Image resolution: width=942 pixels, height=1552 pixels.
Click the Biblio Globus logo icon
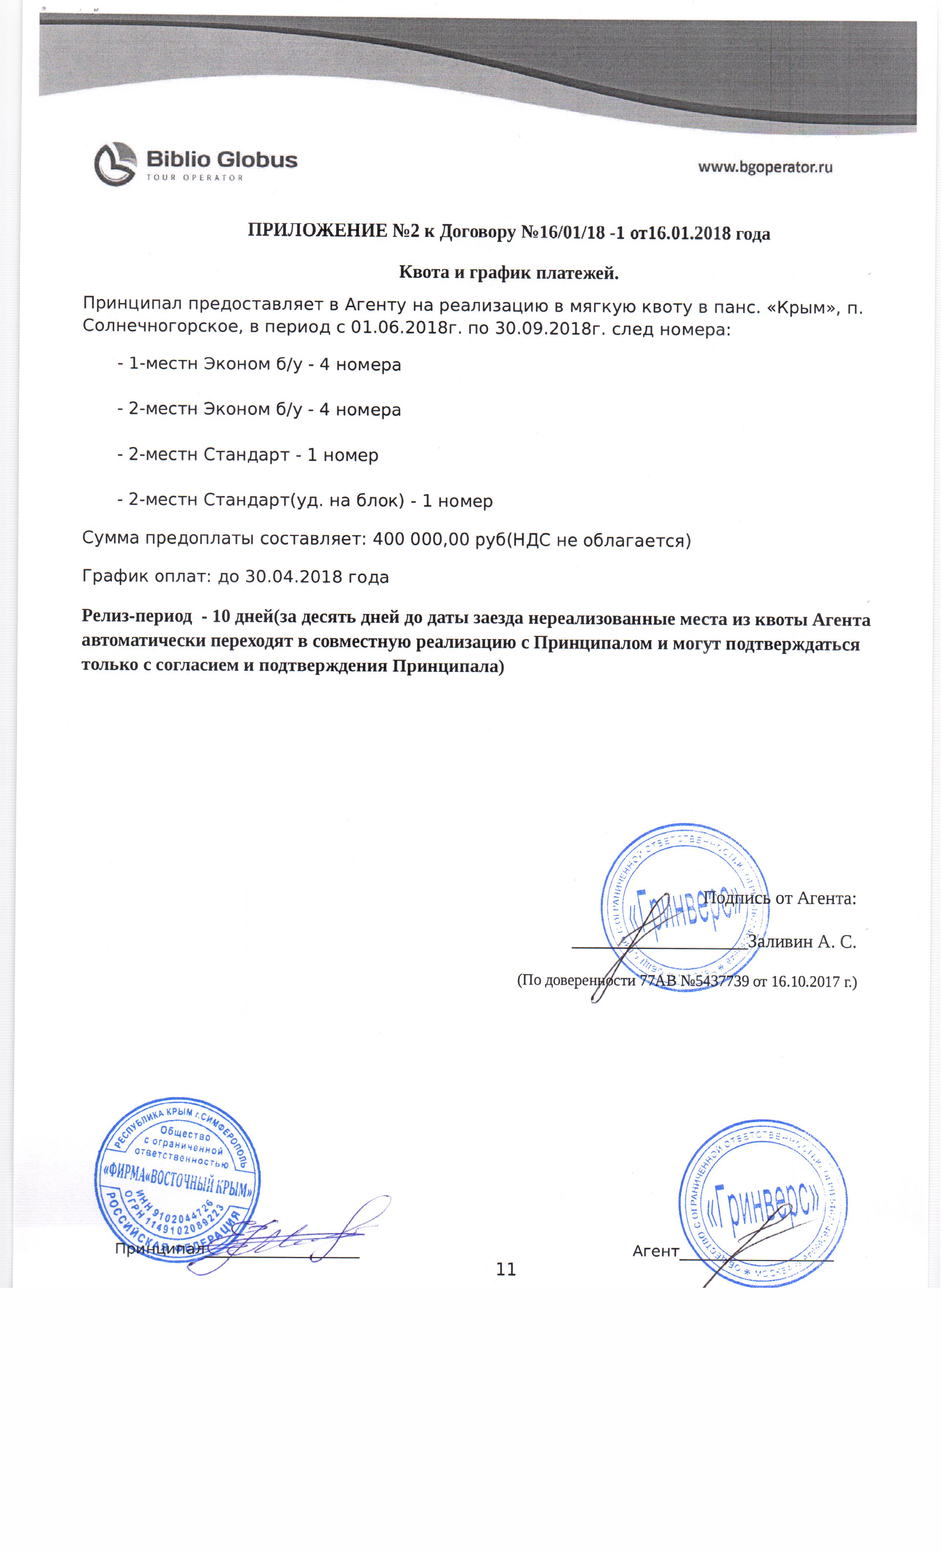(115, 163)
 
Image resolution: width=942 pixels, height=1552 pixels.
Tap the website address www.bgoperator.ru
(765, 167)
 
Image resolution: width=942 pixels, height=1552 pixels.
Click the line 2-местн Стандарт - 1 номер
(248, 455)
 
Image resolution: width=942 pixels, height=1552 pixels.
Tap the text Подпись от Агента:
(779, 897)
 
